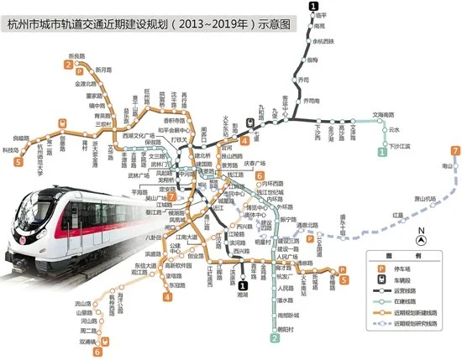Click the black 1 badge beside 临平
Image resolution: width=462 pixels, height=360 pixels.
pos(313,8)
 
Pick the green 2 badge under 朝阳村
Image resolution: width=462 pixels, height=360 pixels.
pos(275,338)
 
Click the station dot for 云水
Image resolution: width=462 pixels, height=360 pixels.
pos(385,130)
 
